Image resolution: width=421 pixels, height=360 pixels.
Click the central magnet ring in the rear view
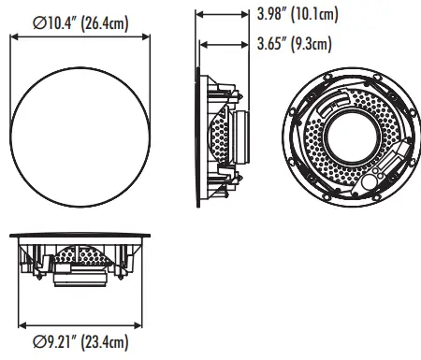pyautogui.click(x=345, y=132)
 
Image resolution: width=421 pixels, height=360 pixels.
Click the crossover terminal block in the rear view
pyautogui.click(x=379, y=174)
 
